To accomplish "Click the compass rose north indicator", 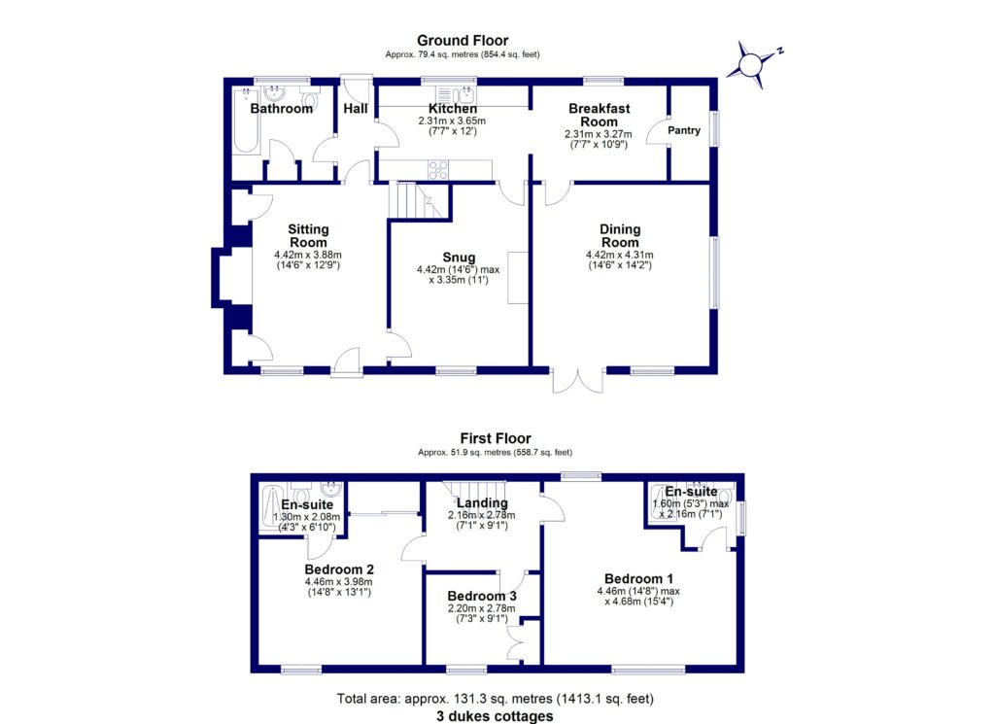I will click(x=751, y=64).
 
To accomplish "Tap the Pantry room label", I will click(x=683, y=130).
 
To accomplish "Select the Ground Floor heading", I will click(x=463, y=40).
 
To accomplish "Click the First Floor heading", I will click(x=496, y=438).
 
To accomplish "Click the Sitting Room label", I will click(x=308, y=236).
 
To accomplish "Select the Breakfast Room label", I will click(x=598, y=115).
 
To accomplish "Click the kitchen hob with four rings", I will click(x=438, y=168).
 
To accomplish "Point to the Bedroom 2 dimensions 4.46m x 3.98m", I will click(x=338, y=586).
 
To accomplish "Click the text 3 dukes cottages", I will click(x=496, y=715).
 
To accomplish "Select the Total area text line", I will click(x=496, y=698).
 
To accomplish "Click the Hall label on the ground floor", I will click(x=356, y=109).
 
